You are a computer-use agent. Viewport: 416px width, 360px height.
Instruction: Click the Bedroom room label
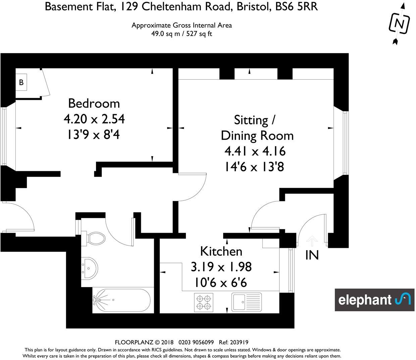click(94, 103)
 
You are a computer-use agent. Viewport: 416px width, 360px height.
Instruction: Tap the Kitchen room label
click(221, 251)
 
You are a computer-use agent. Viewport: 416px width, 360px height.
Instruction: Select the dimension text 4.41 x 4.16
click(255, 151)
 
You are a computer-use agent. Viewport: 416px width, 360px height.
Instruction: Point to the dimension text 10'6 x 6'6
click(221, 283)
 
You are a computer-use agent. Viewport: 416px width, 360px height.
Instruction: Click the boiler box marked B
click(21, 82)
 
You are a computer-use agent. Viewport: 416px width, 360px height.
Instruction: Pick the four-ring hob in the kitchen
click(203, 301)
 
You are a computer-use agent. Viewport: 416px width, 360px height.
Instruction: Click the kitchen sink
click(246, 301)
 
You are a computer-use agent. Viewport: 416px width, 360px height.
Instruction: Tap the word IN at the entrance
click(312, 256)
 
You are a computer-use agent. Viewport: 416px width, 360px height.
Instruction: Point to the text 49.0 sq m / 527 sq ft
click(181, 34)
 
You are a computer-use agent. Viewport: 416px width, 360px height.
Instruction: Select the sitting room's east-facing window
click(346, 143)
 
